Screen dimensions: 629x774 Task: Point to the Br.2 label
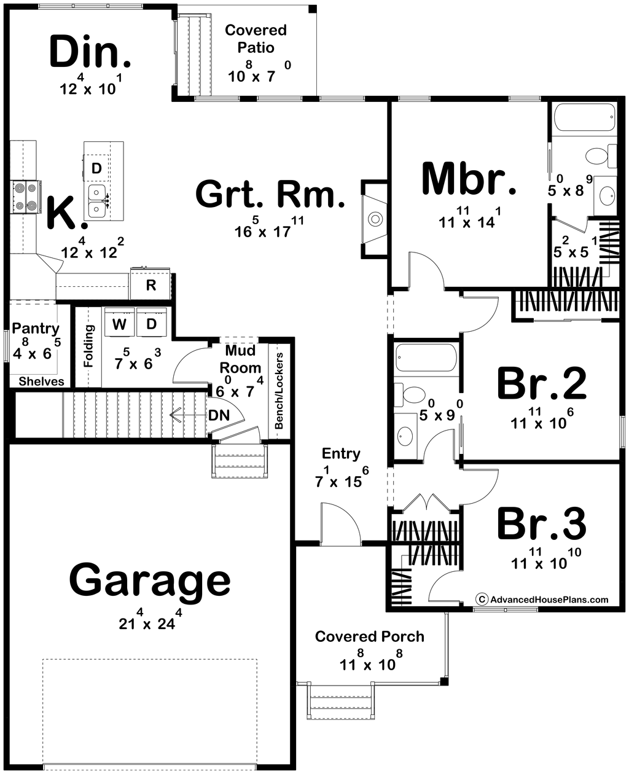541,383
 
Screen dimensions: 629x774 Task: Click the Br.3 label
541,523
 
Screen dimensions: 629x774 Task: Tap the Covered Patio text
256,39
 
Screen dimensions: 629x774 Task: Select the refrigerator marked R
150,283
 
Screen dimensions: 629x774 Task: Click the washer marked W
120,322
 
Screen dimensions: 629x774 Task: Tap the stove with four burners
25,197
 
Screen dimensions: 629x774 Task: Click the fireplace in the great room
374,219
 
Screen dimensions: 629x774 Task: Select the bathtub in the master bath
584,117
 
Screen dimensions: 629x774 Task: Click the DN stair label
219,415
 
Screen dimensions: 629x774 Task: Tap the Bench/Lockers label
279,391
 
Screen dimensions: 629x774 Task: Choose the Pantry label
35,329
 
